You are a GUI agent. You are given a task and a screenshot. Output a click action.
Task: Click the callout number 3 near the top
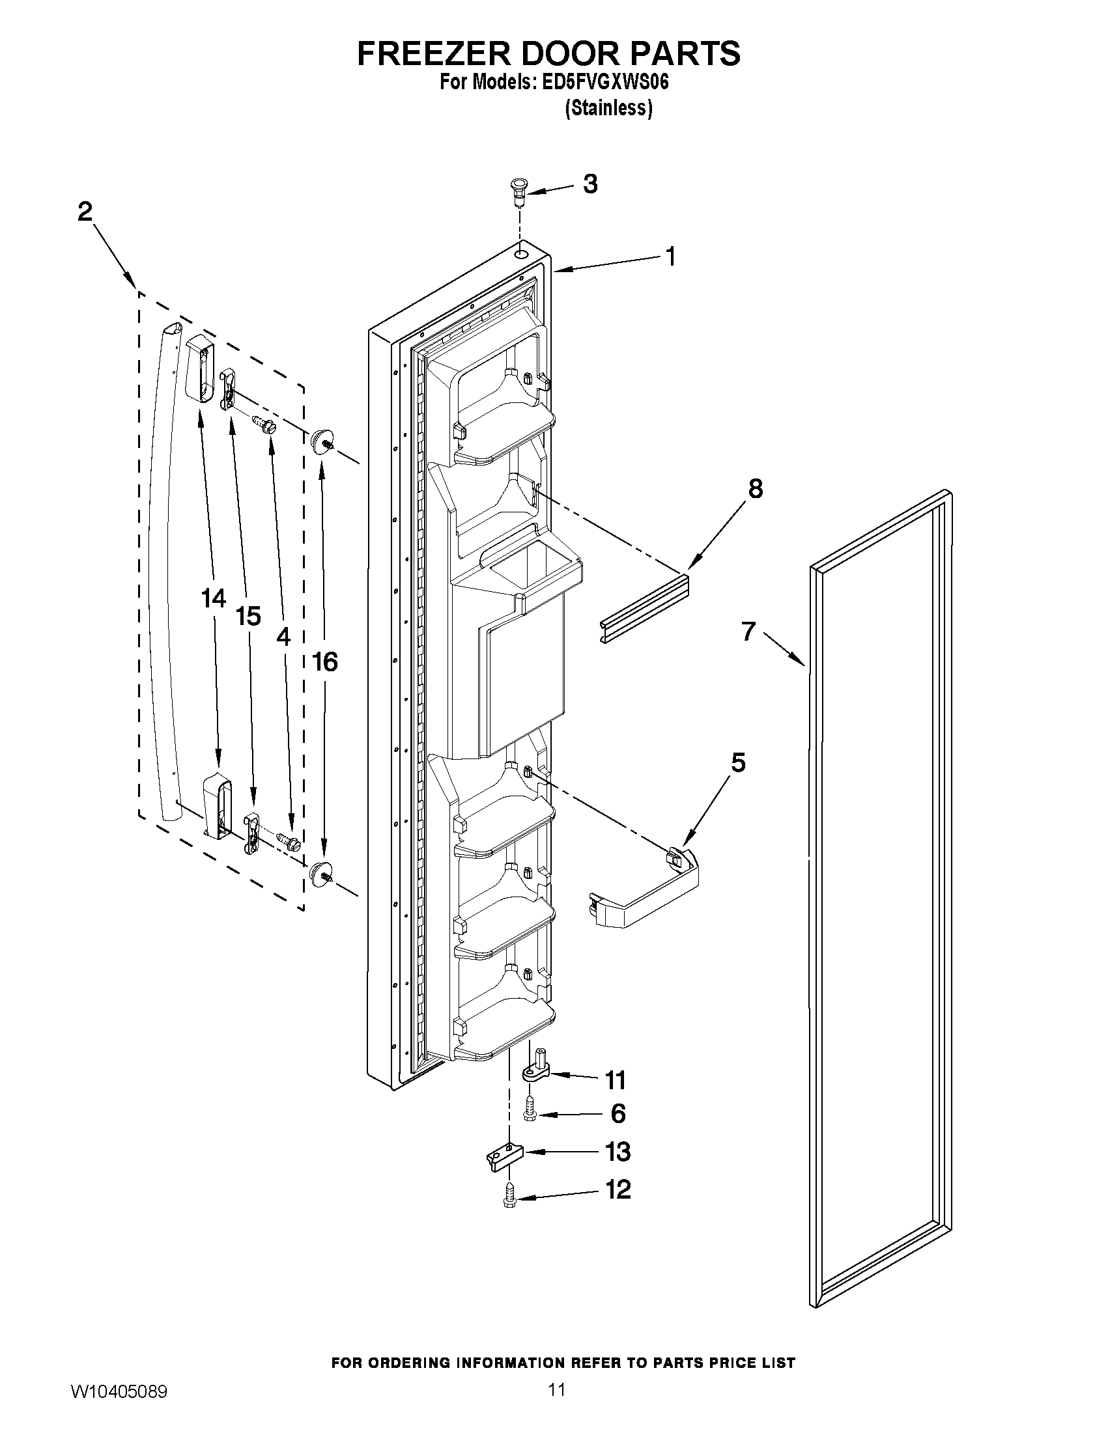(590, 185)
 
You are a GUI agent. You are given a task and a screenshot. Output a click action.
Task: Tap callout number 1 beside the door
(670, 257)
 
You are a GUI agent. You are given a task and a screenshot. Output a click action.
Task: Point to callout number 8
(756, 488)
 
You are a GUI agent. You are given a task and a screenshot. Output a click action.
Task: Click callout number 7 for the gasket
(748, 631)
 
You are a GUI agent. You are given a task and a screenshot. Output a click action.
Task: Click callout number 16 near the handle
(324, 662)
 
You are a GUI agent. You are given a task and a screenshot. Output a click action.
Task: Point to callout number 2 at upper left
(85, 212)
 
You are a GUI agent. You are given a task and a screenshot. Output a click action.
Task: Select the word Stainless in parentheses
(608, 108)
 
